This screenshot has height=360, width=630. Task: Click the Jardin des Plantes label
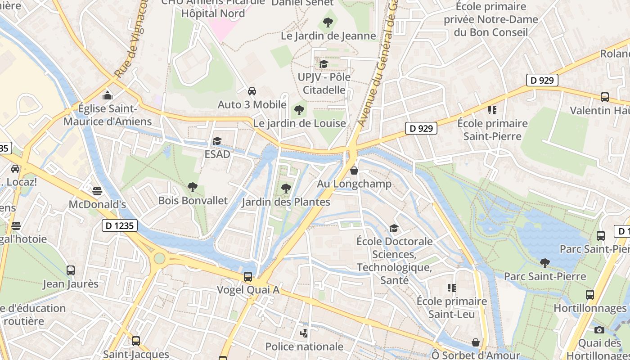tap(286, 202)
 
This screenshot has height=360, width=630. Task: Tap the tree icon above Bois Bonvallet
tap(193, 187)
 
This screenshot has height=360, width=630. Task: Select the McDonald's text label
tap(97, 204)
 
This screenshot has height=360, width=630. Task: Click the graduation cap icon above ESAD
tap(217, 141)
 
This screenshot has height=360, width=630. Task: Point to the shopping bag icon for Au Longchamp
tap(354, 171)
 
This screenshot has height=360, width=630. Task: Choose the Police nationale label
tap(304, 346)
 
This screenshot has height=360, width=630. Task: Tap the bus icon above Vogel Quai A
tap(248, 276)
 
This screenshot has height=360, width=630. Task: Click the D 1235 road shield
tap(120, 225)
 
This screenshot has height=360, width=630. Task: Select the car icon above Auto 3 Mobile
tap(252, 91)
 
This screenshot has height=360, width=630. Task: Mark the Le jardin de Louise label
tap(299, 123)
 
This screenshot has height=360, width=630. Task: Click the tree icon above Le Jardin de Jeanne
tap(328, 22)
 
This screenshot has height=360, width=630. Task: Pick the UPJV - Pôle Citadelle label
tap(324, 83)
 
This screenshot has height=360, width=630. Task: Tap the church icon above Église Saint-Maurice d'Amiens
tap(108, 95)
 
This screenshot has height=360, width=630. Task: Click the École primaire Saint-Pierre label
tap(492, 130)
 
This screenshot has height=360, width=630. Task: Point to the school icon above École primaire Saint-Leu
tap(451, 288)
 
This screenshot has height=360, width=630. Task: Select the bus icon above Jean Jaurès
tap(71, 270)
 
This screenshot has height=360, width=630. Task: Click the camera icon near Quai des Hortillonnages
tap(599, 330)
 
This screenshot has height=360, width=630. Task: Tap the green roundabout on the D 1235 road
tap(159, 258)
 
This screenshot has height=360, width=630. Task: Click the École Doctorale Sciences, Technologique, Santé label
tap(394, 261)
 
